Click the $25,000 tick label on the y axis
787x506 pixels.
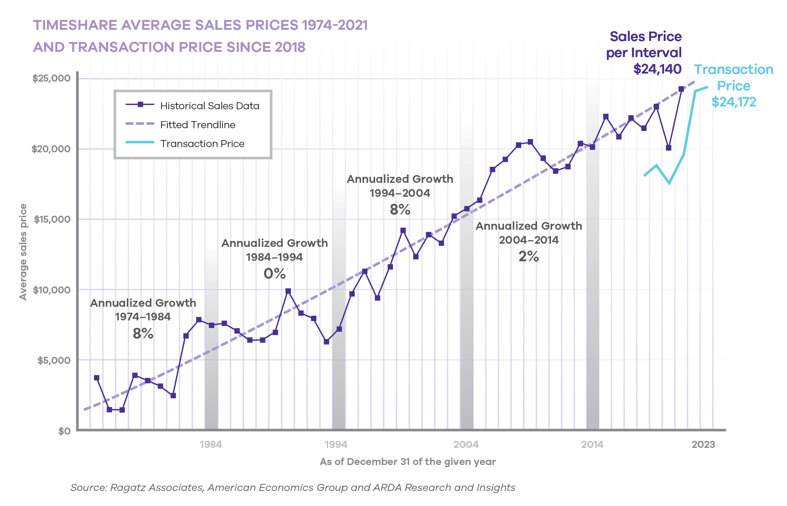pyautogui.click(x=51, y=78)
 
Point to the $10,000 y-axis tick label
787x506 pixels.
pyautogui.click(x=51, y=290)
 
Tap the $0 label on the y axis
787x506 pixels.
pyautogui.click(x=64, y=431)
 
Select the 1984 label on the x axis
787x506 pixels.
pyautogui.click(x=211, y=445)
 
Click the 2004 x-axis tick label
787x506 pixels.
pyautogui.click(x=466, y=445)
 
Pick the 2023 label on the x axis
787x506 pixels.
pyautogui.click(x=703, y=445)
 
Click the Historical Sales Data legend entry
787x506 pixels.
pyautogui.click(x=209, y=106)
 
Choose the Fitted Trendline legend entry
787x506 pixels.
pyautogui.click(x=198, y=125)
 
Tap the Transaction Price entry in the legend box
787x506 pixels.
pyautogui.click(x=202, y=144)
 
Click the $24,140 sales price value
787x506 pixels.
pyautogui.click(x=657, y=69)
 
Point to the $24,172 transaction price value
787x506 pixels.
pyautogui.click(x=734, y=102)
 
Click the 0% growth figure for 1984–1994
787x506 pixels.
pyautogui.click(x=275, y=273)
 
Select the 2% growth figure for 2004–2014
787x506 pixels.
pyautogui.click(x=529, y=256)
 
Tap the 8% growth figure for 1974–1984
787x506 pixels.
pyautogui.click(x=143, y=333)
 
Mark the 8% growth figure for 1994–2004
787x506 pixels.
pyautogui.click(x=400, y=209)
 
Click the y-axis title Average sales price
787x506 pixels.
pyautogui.click(x=23, y=252)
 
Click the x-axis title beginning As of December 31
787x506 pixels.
pyautogui.click(x=408, y=462)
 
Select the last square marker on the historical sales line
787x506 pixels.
pyautogui.click(x=681, y=89)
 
